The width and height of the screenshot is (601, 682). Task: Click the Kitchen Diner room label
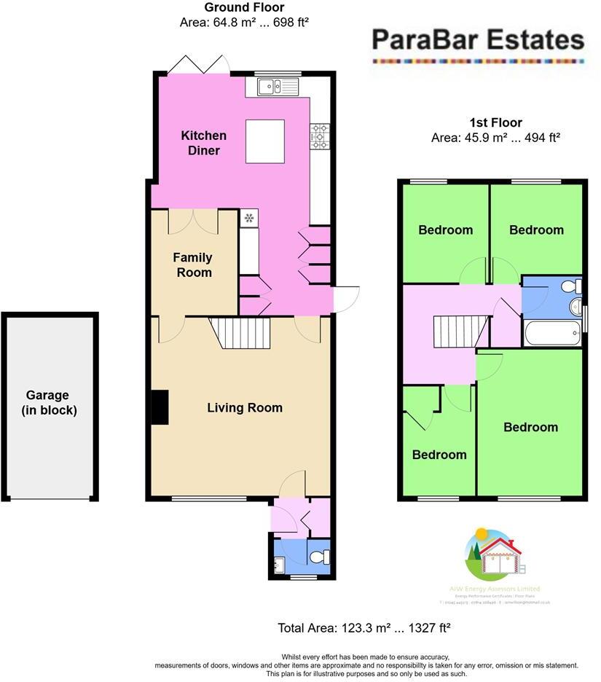pos(203,143)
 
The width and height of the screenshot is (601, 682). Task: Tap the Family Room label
pos(193,264)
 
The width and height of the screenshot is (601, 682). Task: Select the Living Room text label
pos(245,408)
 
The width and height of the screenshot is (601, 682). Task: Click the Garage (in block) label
pos(50,403)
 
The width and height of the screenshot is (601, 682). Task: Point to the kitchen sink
pos(278,87)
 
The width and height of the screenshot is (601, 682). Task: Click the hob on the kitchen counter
pos(320,136)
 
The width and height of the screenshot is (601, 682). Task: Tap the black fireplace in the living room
pos(159,407)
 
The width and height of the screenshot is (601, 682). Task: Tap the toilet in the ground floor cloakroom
pos(321,557)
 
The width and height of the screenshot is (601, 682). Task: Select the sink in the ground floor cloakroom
pos(278,563)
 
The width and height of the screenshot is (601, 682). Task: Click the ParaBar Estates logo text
pos(478,39)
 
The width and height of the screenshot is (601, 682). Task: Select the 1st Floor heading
pos(496,122)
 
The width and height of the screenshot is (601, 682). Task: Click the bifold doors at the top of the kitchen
pos(199,66)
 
